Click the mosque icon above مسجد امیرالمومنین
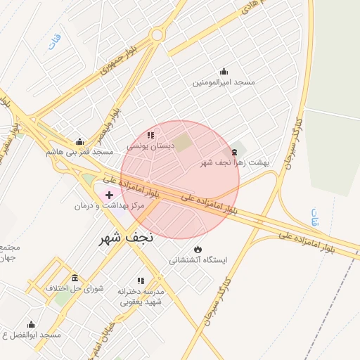tap(224, 71)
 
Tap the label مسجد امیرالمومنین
tap(224, 82)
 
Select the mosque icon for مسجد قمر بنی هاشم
tap(79, 141)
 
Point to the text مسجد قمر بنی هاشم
tap(79, 152)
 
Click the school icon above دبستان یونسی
tap(150, 135)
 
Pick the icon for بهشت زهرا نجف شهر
tap(234, 152)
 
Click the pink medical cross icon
tap(109, 193)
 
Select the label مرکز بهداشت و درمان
tap(109, 205)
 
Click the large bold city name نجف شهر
tap(125, 238)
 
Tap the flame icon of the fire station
tap(198, 249)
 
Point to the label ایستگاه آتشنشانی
tap(198, 260)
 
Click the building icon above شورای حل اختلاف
tap(75, 278)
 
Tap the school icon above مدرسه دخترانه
tap(141, 280)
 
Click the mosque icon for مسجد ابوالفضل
tap(30, 325)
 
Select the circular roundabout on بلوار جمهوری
tap(156, 34)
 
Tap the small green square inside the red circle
tap(183, 143)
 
